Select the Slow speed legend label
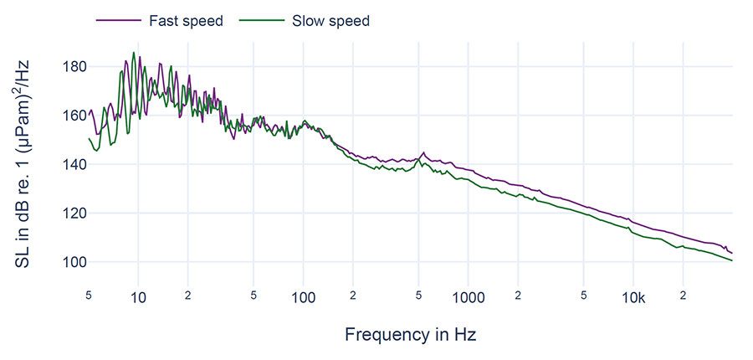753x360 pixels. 330,21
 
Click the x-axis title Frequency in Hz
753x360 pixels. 410,335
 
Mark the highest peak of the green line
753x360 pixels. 133,53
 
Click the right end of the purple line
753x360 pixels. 732,253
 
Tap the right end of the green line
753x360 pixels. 732,260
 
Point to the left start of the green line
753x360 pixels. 89,138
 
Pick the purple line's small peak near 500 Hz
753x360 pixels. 423,152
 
